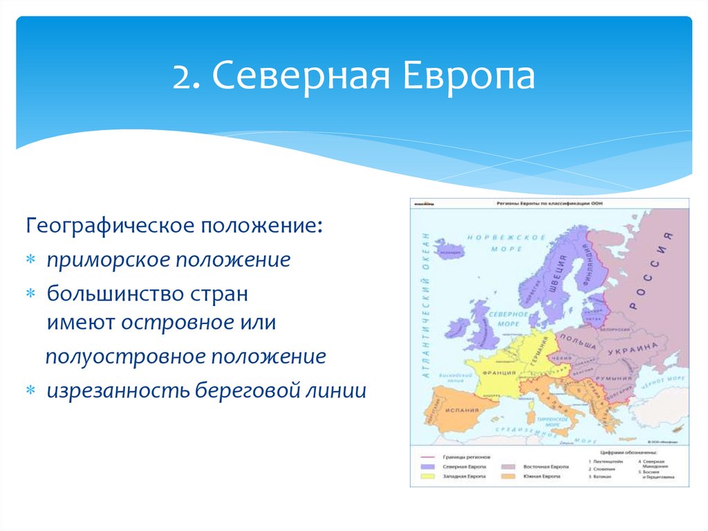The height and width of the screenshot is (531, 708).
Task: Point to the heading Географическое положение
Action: click(174, 227)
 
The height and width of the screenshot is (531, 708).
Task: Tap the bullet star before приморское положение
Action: click(31, 261)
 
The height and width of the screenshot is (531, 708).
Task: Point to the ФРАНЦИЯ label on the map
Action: click(500, 373)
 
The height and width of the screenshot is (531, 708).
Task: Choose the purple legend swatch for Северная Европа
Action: click(424, 467)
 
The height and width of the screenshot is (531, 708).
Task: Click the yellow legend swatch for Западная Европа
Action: click(424, 477)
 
